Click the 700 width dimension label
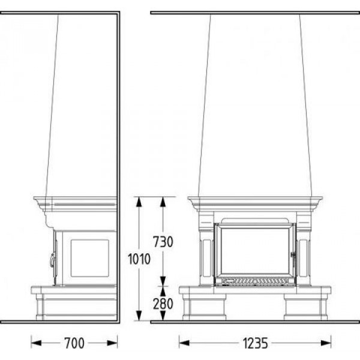point(74,343)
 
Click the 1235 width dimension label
point(256,343)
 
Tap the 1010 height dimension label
point(139,259)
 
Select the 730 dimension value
point(163,242)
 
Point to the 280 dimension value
point(163,304)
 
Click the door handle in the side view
point(53,260)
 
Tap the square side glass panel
point(89,258)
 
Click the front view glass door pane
point(255,251)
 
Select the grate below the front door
point(255,281)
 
